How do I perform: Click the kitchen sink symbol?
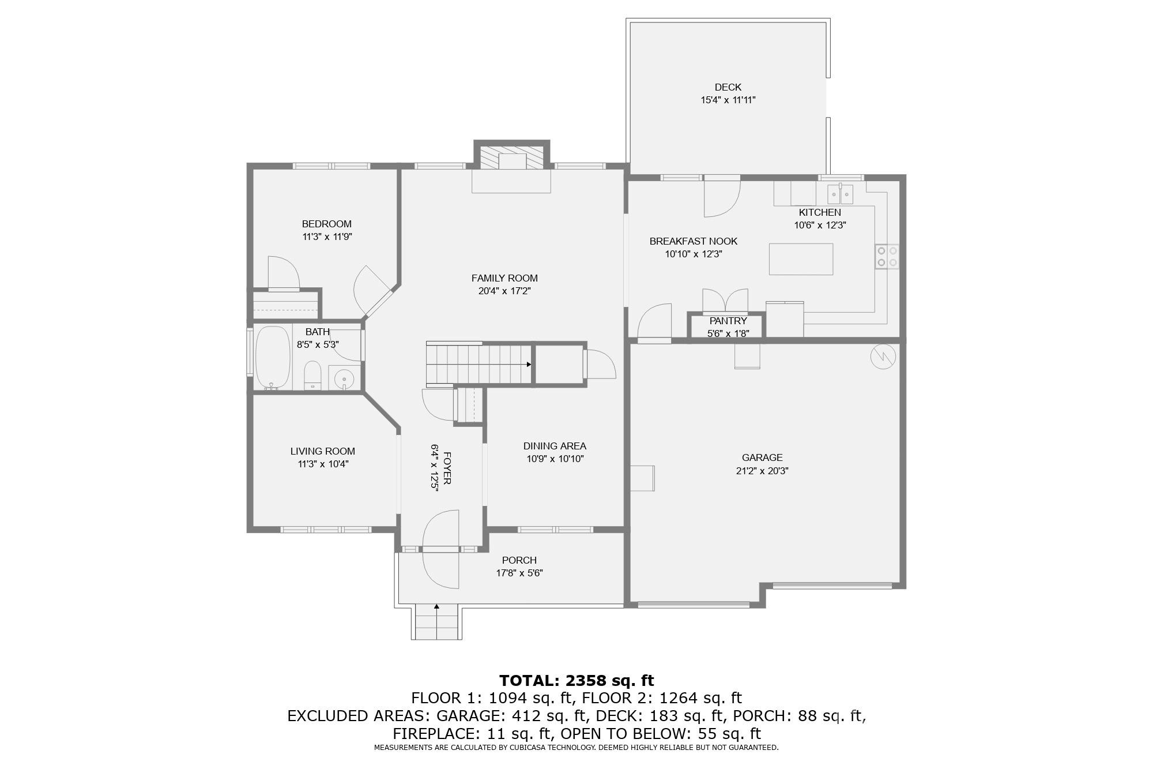tap(841, 194)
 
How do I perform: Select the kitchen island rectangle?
tap(801, 259)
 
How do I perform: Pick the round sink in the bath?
tap(344, 379)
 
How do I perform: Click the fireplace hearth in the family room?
tap(511, 181)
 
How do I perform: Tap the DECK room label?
tap(728, 87)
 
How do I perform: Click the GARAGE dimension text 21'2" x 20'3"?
tap(762, 471)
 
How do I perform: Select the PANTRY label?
tap(728, 321)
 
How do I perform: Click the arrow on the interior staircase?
tap(528, 365)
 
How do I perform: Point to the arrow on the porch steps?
tap(436, 607)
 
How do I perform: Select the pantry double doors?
tap(725, 301)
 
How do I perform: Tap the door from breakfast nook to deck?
tap(722, 198)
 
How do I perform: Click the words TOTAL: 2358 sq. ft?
tap(576, 681)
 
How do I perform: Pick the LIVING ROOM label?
tap(322, 451)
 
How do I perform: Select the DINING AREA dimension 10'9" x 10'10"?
tap(555, 459)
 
